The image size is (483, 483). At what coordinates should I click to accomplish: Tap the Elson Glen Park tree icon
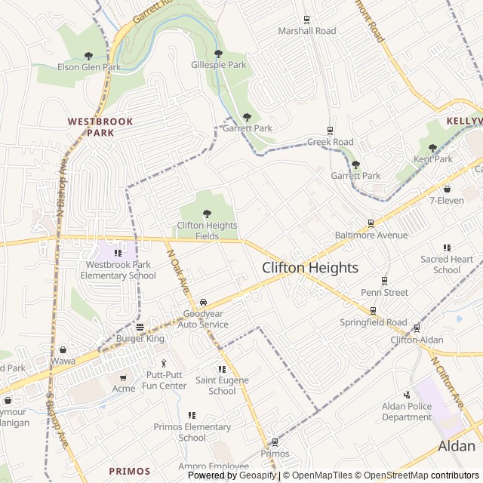coord(89,56)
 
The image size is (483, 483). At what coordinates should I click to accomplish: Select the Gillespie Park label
coord(219,65)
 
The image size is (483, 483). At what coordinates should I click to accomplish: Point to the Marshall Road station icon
coord(306,20)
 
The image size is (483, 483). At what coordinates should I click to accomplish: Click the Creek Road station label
coord(330,142)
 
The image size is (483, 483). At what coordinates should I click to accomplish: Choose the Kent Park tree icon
coord(432,148)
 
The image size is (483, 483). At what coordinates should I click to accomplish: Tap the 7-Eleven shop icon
coord(447,189)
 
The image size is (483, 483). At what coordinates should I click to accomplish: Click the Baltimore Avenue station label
coord(371,235)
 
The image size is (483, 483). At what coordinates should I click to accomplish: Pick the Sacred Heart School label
coord(447,264)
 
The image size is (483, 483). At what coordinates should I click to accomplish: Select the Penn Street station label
coord(384,292)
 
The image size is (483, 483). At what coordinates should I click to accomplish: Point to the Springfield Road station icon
coord(373,310)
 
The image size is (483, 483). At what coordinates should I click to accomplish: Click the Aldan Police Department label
coord(407,411)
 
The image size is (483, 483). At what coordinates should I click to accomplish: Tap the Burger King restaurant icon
coord(140,328)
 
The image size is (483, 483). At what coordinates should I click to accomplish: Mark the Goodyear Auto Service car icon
coord(204,303)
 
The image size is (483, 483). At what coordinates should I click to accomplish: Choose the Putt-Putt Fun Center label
coord(165,380)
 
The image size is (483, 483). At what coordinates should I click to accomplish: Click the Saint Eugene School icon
coord(222,369)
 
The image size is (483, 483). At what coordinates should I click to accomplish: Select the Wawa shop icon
coord(63,350)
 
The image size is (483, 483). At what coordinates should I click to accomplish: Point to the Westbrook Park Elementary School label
coord(117,269)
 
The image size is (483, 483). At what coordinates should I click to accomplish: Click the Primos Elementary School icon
coord(192,415)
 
